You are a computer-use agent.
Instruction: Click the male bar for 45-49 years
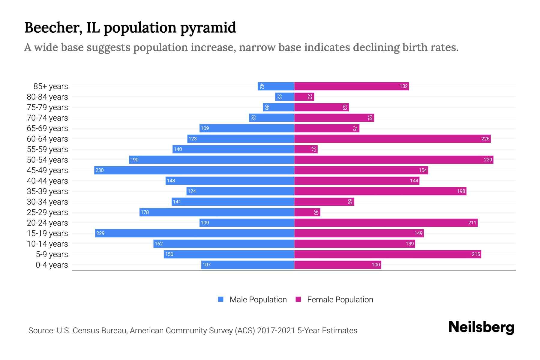pyautogui.click(x=194, y=170)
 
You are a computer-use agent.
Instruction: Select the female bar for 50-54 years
pyautogui.click(x=394, y=160)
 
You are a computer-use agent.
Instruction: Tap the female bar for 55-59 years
pyautogui.click(x=306, y=149)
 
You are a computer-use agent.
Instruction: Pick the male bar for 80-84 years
pyautogui.click(x=284, y=97)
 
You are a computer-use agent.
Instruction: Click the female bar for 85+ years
pyautogui.click(x=351, y=86)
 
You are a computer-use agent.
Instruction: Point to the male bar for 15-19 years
pyautogui.click(x=194, y=233)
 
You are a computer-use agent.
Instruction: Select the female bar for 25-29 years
pyautogui.click(x=307, y=212)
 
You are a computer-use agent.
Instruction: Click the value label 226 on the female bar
pyautogui.click(x=485, y=139)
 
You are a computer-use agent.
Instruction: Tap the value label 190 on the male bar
pyautogui.click(x=134, y=160)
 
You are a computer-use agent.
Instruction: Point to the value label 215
pyautogui.click(x=476, y=254)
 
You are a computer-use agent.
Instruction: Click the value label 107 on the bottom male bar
pyautogui.click(x=206, y=265)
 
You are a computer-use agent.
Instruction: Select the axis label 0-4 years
pyautogui.click(x=52, y=265)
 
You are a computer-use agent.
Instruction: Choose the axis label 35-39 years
pyautogui.click(x=47, y=191)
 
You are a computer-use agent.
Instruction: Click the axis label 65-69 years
pyautogui.click(x=47, y=128)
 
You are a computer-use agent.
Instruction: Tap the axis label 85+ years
pyautogui.click(x=51, y=86)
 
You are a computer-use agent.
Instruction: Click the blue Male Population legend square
pyautogui.click(x=221, y=299)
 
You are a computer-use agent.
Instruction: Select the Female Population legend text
pyautogui.click(x=340, y=300)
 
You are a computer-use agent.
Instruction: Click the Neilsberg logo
pyautogui.click(x=481, y=327)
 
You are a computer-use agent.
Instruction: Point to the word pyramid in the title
pyautogui.click(x=208, y=28)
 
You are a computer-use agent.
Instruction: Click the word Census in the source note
pyautogui.click(x=85, y=331)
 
